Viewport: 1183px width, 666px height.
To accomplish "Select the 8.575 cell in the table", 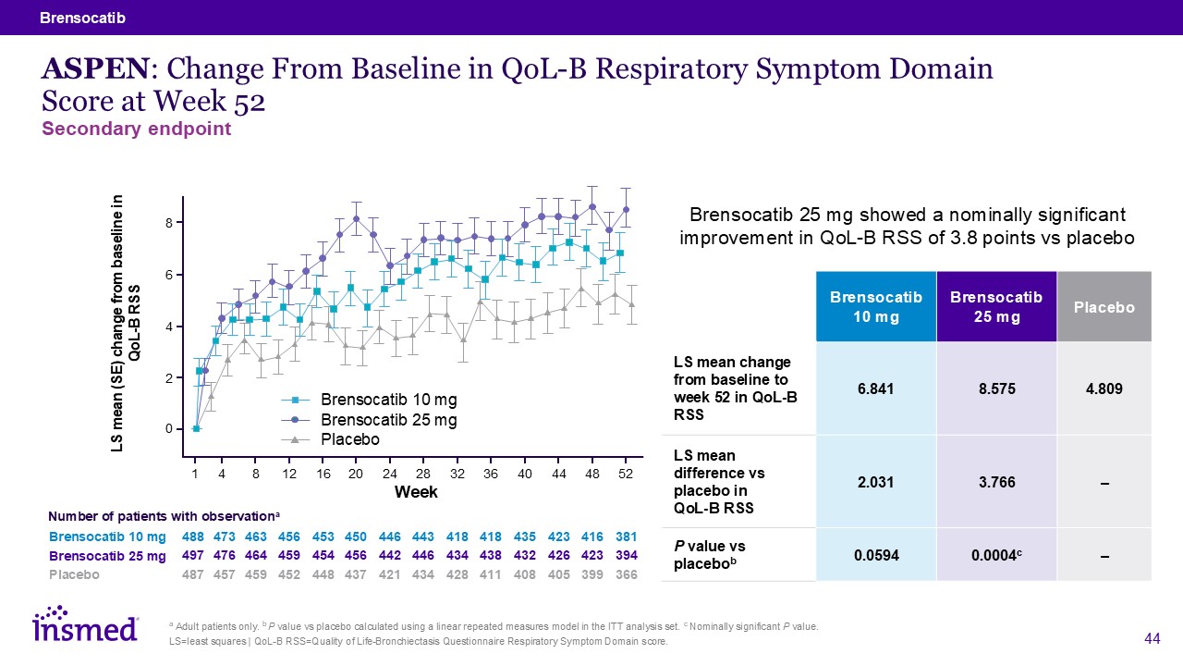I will tap(996, 388).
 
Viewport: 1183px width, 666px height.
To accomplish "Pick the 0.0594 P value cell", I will tap(876, 555).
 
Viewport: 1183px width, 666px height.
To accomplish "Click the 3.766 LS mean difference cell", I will tap(996, 481).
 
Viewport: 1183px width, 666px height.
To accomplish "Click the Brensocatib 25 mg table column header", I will tap(996, 307).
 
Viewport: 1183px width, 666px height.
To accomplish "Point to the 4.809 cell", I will tap(1104, 388).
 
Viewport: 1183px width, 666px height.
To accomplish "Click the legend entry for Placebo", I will tap(350, 439).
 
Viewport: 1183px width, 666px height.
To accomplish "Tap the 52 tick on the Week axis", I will tap(626, 474).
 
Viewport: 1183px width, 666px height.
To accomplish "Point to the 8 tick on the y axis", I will tap(169, 223).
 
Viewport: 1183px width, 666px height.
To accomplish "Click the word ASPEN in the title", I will tap(92, 68).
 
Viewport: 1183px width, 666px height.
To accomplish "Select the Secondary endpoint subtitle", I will tap(137, 129).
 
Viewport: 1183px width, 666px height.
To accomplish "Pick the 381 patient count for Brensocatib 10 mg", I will tap(626, 536).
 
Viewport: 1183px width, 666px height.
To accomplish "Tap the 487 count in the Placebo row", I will tap(195, 574).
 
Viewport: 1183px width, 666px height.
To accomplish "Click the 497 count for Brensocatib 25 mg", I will tap(195, 556).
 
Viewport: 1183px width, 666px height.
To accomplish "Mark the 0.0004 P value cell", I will tap(996, 555).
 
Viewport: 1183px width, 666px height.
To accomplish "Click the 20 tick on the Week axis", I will tap(355, 474).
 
